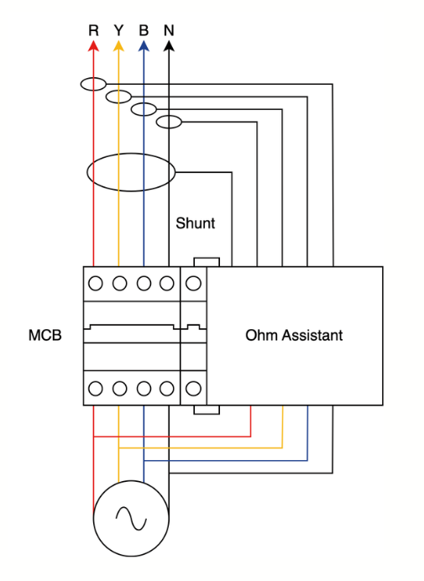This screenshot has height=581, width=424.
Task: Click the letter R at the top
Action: pos(93,31)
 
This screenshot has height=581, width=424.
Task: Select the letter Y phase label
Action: pos(118,31)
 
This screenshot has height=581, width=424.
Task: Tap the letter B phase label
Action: pos(144,31)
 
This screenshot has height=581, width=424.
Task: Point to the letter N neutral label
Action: pos(169,31)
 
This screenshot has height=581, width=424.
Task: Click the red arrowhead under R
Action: pos(93,47)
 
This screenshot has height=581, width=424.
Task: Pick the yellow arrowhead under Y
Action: pos(118,47)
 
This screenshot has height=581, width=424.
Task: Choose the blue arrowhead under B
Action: pos(144,47)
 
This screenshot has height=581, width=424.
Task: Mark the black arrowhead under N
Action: pos(169,47)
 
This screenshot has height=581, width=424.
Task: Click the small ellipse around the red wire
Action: pos(93,83)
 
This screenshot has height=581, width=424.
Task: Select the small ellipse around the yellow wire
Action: pos(118,96)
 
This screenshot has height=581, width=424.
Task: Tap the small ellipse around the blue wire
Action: pos(144,109)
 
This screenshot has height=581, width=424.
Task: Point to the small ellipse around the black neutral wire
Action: pos(169,122)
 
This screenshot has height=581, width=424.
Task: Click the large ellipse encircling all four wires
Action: pos(131,173)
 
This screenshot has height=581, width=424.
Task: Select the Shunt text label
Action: pos(195,223)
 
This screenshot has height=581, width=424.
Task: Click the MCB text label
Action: pos(45,336)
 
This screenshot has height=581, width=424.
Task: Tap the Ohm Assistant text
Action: pos(294,336)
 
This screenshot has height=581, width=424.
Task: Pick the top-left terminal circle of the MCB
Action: pos(96,283)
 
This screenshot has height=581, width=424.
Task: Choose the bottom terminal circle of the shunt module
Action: pos(194,389)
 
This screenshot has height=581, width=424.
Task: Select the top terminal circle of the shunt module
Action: pos(194,283)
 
